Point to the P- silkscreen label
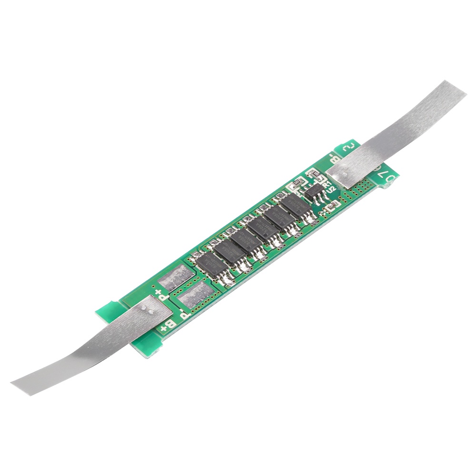click(x=185, y=315)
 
